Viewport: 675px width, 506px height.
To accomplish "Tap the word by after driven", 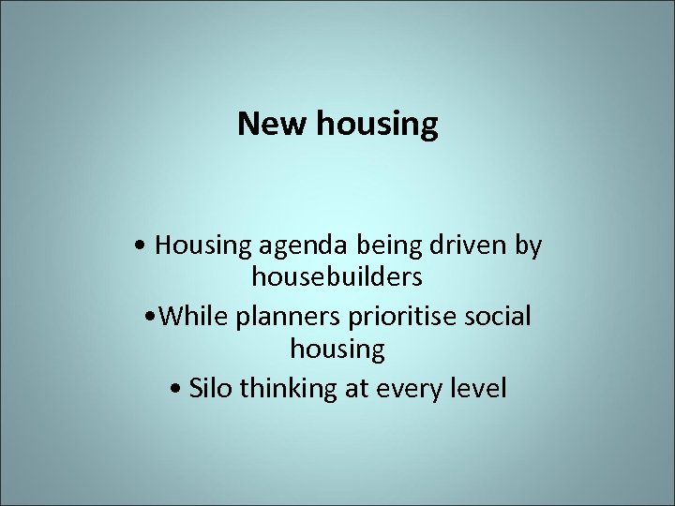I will [528, 246].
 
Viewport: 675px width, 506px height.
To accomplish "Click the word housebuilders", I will [337, 278].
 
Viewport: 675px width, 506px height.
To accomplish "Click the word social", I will [497, 316].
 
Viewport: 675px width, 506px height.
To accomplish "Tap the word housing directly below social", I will [337, 350].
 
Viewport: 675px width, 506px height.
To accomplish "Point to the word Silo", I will [211, 386].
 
